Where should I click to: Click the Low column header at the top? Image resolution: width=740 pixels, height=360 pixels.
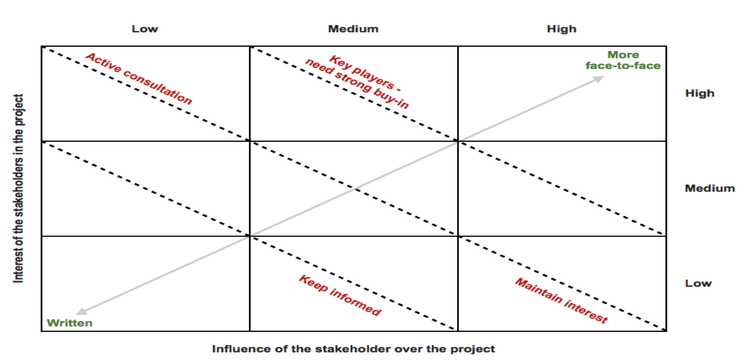[145, 29]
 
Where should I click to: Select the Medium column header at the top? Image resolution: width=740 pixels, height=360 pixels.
[353, 29]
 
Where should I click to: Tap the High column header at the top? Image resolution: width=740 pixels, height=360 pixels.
[561, 29]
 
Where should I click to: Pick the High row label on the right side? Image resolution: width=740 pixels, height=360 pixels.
[700, 93]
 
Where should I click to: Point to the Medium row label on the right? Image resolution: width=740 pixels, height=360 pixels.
[710, 188]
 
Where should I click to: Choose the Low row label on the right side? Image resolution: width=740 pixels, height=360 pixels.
[698, 283]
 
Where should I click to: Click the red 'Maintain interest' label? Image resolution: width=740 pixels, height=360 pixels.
[561, 300]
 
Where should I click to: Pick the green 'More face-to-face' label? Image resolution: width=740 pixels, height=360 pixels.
[623, 60]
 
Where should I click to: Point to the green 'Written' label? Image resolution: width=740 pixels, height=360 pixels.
[70, 323]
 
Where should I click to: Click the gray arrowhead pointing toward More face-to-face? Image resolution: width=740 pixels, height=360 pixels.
[599, 79]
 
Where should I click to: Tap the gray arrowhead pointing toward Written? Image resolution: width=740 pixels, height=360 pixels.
[81, 311]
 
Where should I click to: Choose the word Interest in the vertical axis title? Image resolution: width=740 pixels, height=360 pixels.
[18, 266]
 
